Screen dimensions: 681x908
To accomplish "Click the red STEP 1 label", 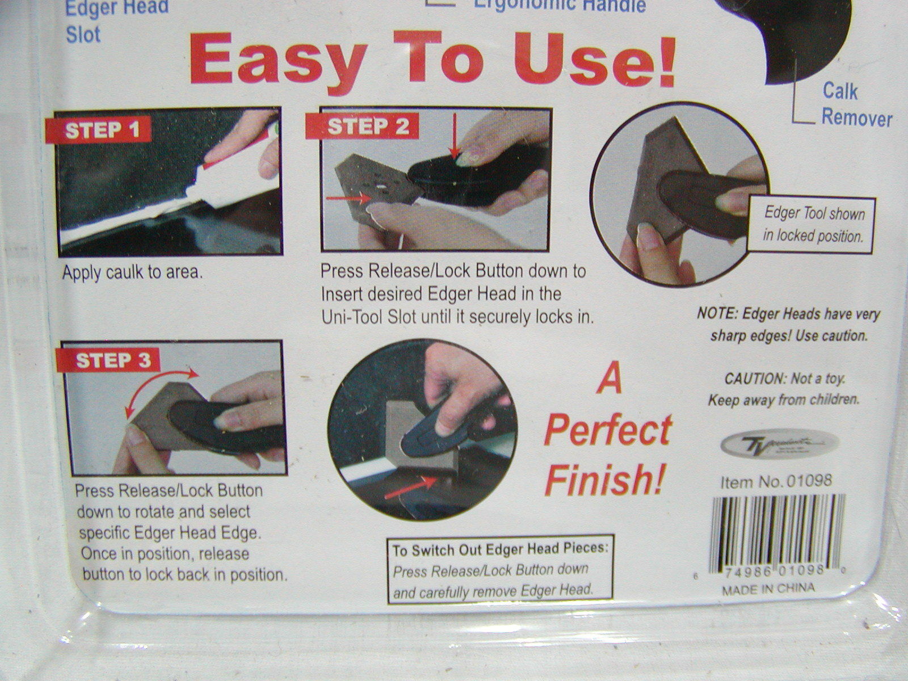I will point(102,131).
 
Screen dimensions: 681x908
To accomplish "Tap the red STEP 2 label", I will point(368,127).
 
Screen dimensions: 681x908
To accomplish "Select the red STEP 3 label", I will point(113,360).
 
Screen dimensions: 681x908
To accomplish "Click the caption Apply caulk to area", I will point(132,272).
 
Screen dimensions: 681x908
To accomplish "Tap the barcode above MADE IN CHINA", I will point(777,531).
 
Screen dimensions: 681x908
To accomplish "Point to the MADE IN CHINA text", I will point(768,589).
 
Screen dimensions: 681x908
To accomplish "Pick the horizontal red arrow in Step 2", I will point(348,198).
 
